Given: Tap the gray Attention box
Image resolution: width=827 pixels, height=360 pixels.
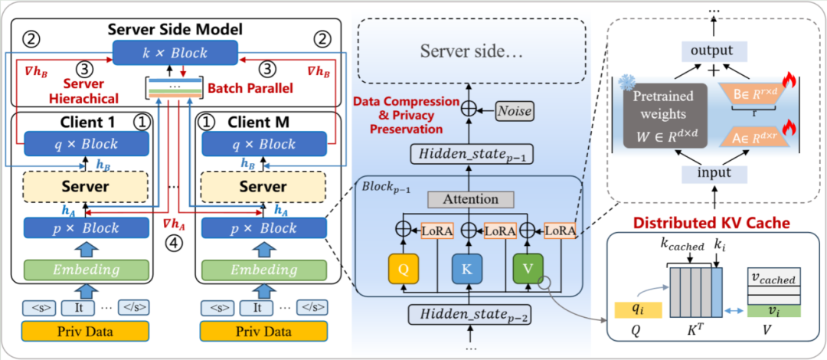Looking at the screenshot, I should click(x=470, y=199).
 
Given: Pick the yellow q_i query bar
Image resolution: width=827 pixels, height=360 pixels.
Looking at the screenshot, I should click(x=635, y=309).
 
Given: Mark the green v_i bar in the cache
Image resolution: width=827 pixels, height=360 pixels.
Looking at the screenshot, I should click(x=774, y=310).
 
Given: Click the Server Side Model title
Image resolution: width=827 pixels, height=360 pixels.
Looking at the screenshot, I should click(x=175, y=30).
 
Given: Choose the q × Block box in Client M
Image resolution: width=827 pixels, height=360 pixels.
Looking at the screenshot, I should click(x=263, y=144).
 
